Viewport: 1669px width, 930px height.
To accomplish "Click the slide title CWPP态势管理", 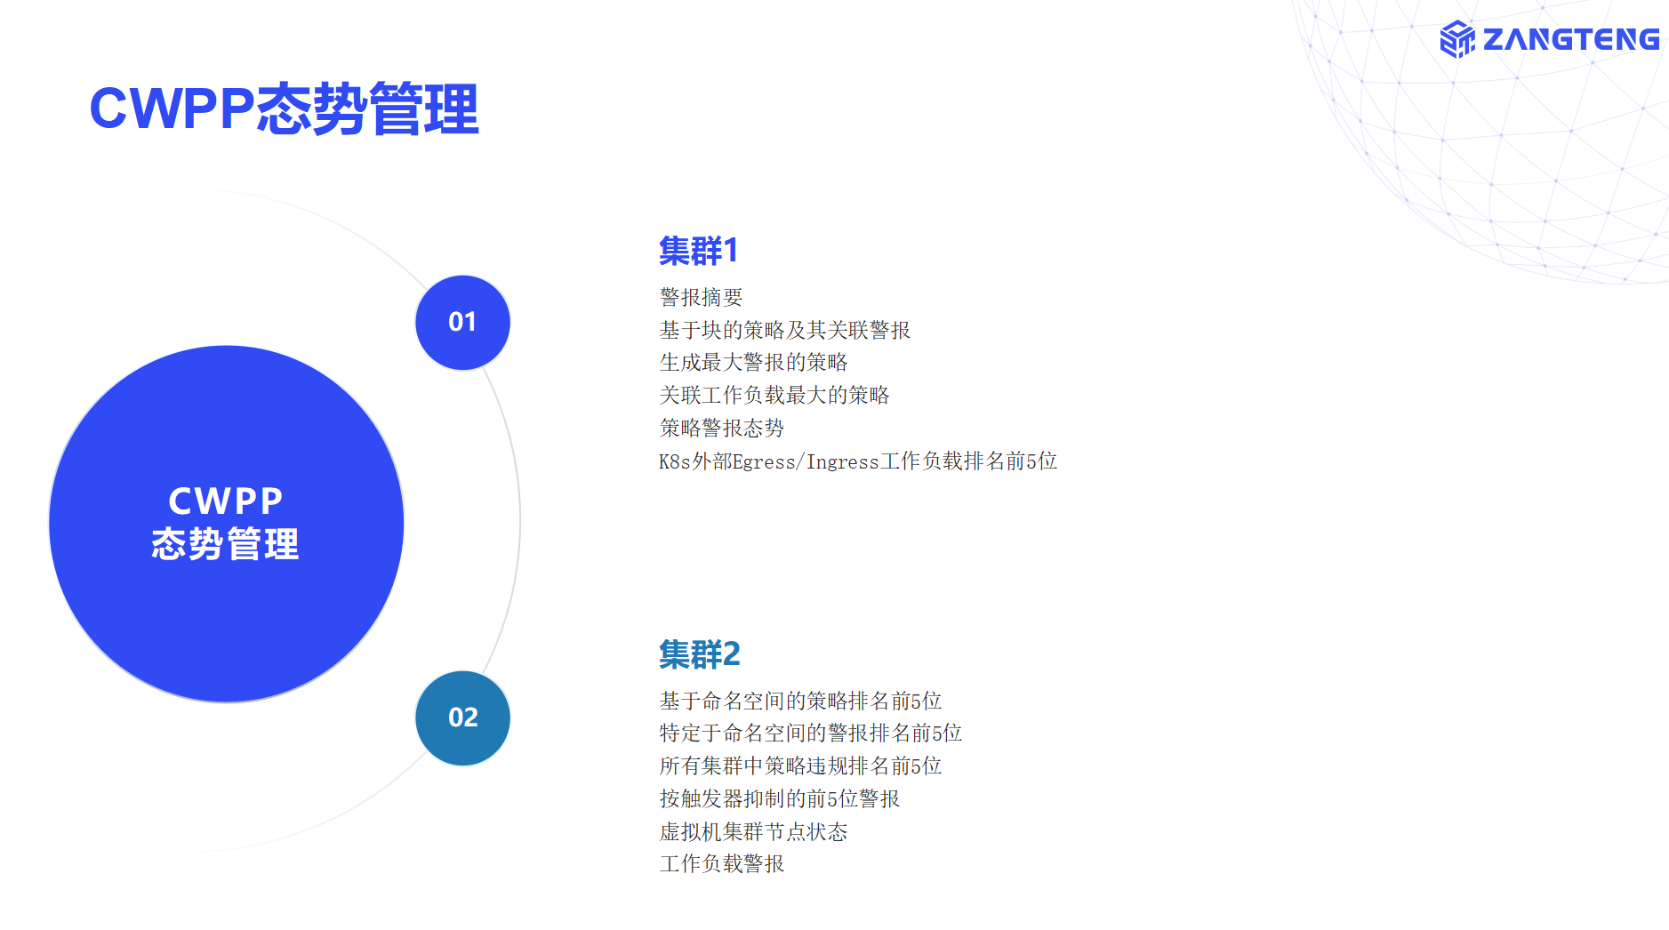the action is [x=284, y=108].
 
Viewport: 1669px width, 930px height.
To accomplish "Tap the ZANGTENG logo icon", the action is [x=1457, y=39].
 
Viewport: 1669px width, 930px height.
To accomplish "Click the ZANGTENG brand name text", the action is [x=1571, y=39].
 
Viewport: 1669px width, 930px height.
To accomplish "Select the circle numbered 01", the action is [x=462, y=322].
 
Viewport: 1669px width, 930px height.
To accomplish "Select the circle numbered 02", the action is [x=462, y=718].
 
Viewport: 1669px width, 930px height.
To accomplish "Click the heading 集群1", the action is [x=699, y=251].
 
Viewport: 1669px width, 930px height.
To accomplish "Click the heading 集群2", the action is [x=700, y=654].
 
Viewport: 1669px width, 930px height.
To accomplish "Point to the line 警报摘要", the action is [x=701, y=297].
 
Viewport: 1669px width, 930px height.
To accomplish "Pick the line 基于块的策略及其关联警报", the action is [x=785, y=330].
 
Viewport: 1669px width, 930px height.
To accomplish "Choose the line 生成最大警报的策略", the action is [x=753, y=363].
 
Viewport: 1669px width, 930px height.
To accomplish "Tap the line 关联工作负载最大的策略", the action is [x=774, y=395].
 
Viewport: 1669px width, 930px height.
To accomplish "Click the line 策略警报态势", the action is [x=722, y=428].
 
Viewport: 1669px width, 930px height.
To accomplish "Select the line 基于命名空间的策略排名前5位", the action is [x=800, y=701].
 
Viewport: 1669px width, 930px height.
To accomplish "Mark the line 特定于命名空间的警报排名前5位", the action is [x=811, y=734].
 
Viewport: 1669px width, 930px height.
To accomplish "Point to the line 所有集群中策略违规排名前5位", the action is [x=800, y=766].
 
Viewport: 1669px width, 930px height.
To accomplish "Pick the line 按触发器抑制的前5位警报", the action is [x=780, y=798].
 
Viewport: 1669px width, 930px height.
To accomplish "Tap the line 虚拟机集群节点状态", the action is [x=753, y=831].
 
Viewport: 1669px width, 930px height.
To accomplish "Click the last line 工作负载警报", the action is [x=722, y=863].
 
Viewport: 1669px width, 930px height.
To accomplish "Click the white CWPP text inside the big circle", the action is [x=226, y=501].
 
